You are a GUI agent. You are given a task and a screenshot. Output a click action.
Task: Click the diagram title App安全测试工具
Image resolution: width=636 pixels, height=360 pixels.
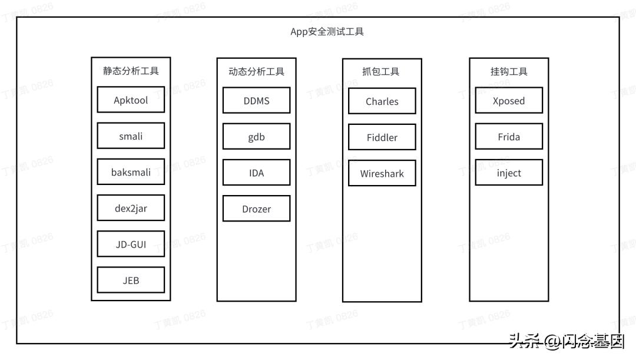click(x=327, y=32)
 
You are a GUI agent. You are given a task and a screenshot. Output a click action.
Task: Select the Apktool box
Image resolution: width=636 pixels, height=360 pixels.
click(x=131, y=100)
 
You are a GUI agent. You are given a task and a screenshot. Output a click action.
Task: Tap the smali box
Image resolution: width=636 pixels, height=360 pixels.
click(x=131, y=136)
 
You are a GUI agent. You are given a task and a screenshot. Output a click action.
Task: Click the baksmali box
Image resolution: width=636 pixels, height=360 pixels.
click(x=131, y=172)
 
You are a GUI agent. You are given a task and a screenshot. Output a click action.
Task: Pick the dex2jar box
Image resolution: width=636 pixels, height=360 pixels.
click(x=131, y=208)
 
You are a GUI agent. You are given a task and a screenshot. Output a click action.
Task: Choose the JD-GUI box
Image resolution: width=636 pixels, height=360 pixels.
click(x=131, y=244)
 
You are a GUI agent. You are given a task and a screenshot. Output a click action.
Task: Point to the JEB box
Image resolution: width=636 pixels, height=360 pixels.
click(x=131, y=280)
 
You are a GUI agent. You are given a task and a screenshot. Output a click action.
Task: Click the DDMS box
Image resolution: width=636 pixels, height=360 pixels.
click(x=256, y=101)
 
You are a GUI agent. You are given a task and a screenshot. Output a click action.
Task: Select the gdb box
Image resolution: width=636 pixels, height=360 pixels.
click(x=256, y=137)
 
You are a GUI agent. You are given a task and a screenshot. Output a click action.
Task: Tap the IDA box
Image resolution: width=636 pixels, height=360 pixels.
click(x=256, y=173)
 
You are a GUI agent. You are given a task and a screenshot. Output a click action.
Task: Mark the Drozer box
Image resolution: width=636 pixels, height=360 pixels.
click(x=256, y=209)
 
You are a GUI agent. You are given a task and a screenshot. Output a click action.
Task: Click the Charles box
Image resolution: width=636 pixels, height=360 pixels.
click(x=382, y=101)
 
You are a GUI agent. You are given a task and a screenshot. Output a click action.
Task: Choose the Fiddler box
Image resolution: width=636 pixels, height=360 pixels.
click(x=382, y=137)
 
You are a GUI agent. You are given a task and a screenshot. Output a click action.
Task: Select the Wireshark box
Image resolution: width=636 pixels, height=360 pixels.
click(x=382, y=174)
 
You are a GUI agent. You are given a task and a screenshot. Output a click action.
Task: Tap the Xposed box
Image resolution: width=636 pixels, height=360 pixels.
click(x=509, y=101)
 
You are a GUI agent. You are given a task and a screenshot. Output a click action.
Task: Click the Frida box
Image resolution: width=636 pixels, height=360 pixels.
click(x=509, y=137)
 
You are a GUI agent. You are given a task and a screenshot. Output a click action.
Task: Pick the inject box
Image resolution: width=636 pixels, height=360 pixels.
click(x=509, y=173)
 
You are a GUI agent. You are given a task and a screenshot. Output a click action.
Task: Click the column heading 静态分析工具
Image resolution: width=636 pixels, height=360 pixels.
click(x=131, y=71)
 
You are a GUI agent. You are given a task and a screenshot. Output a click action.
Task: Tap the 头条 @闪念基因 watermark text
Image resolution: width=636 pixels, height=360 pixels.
click(x=566, y=341)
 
